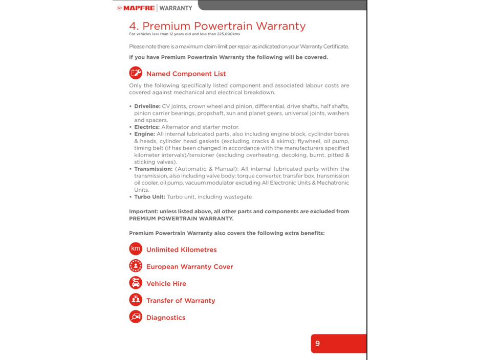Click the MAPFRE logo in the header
click(136, 8)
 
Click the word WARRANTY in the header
click(176, 8)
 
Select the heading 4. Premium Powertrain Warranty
click(217, 26)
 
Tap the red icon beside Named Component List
click(136, 73)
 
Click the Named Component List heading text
click(186, 74)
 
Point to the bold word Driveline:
click(147, 106)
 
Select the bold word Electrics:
click(147, 127)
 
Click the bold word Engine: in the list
click(144, 134)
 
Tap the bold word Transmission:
click(153, 169)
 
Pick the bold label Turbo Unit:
click(149, 197)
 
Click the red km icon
click(136, 249)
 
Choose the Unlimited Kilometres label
click(181, 250)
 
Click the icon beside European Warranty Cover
click(136, 266)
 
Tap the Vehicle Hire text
click(166, 284)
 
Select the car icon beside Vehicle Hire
click(136, 283)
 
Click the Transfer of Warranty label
click(181, 301)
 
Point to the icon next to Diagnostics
click(136, 317)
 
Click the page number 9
click(317, 344)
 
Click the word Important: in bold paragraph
click(143, 212)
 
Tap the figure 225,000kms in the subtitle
click(228, 34)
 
